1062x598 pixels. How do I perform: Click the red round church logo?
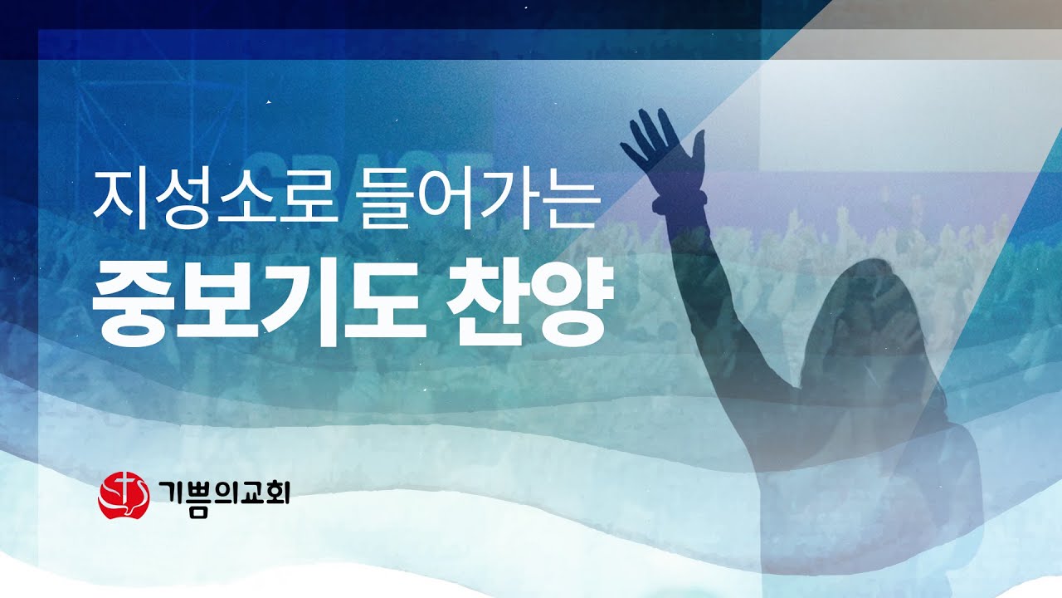coord(123,495)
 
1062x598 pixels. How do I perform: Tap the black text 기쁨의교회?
coord(223,495)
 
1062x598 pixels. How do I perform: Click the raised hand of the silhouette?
coord(660,141)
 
